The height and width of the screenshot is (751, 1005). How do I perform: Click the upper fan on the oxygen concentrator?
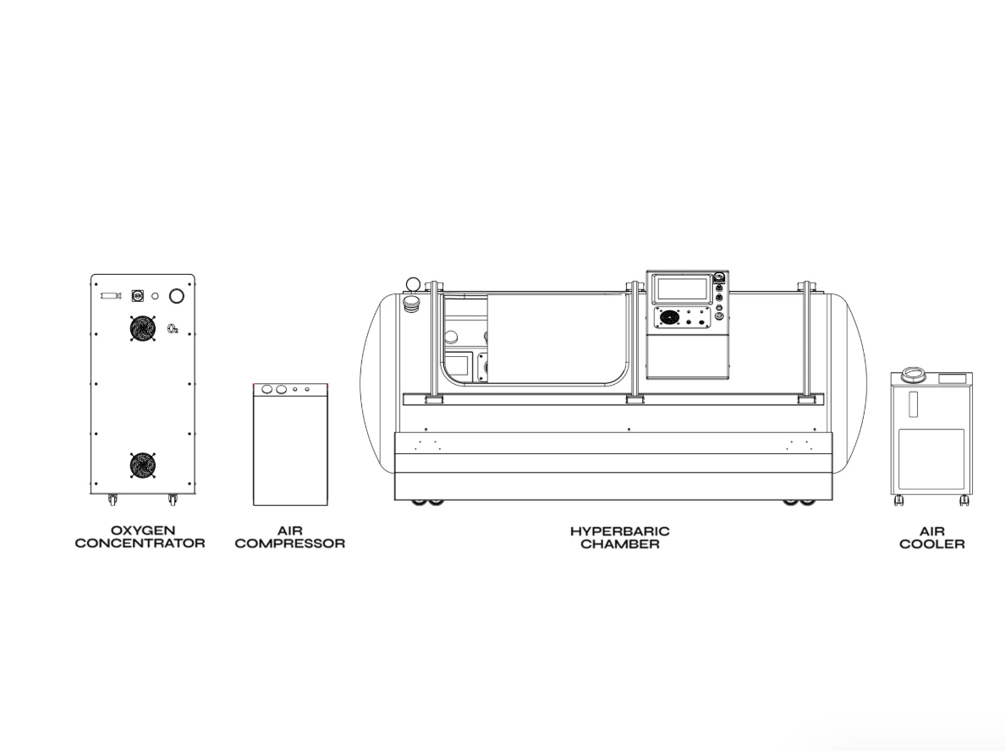[142, 328]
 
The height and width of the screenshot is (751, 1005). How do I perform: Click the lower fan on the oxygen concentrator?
[142, 466]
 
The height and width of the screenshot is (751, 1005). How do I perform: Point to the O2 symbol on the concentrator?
[173, 329]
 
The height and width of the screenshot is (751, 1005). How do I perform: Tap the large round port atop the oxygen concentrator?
[176, 296]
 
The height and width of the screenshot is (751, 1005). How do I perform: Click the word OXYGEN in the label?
[143, 530]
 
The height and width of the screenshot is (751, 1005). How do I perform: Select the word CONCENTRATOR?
[140, 544]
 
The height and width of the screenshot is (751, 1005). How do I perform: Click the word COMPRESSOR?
[289, 544]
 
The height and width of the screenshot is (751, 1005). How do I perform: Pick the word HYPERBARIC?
[620, 531]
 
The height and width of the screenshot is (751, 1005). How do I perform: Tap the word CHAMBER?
[620, 544]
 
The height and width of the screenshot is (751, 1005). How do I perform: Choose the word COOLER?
[932, 545]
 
